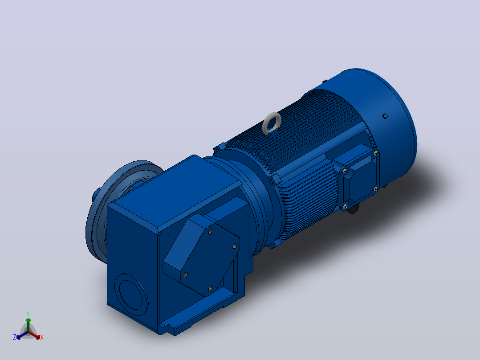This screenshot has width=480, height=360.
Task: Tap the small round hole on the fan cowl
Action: click(385, 116)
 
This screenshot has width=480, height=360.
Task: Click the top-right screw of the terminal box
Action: click(376, 153)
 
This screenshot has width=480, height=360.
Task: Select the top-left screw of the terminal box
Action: click(345, 171)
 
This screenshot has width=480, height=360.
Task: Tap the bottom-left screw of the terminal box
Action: click(346, 207)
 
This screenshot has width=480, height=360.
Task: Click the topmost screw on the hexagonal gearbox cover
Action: click(210, 232)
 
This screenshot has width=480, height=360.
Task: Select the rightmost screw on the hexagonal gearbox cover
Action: click(235, 246)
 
